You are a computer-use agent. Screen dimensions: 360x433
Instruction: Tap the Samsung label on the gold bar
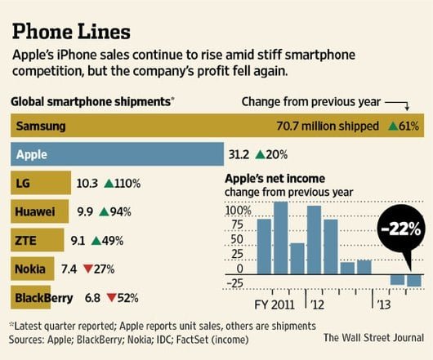click(x=41, y=127)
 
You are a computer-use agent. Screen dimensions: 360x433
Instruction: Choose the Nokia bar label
click(x=30, y=269)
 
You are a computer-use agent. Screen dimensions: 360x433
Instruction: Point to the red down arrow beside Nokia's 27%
click(x=87, y=269)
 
